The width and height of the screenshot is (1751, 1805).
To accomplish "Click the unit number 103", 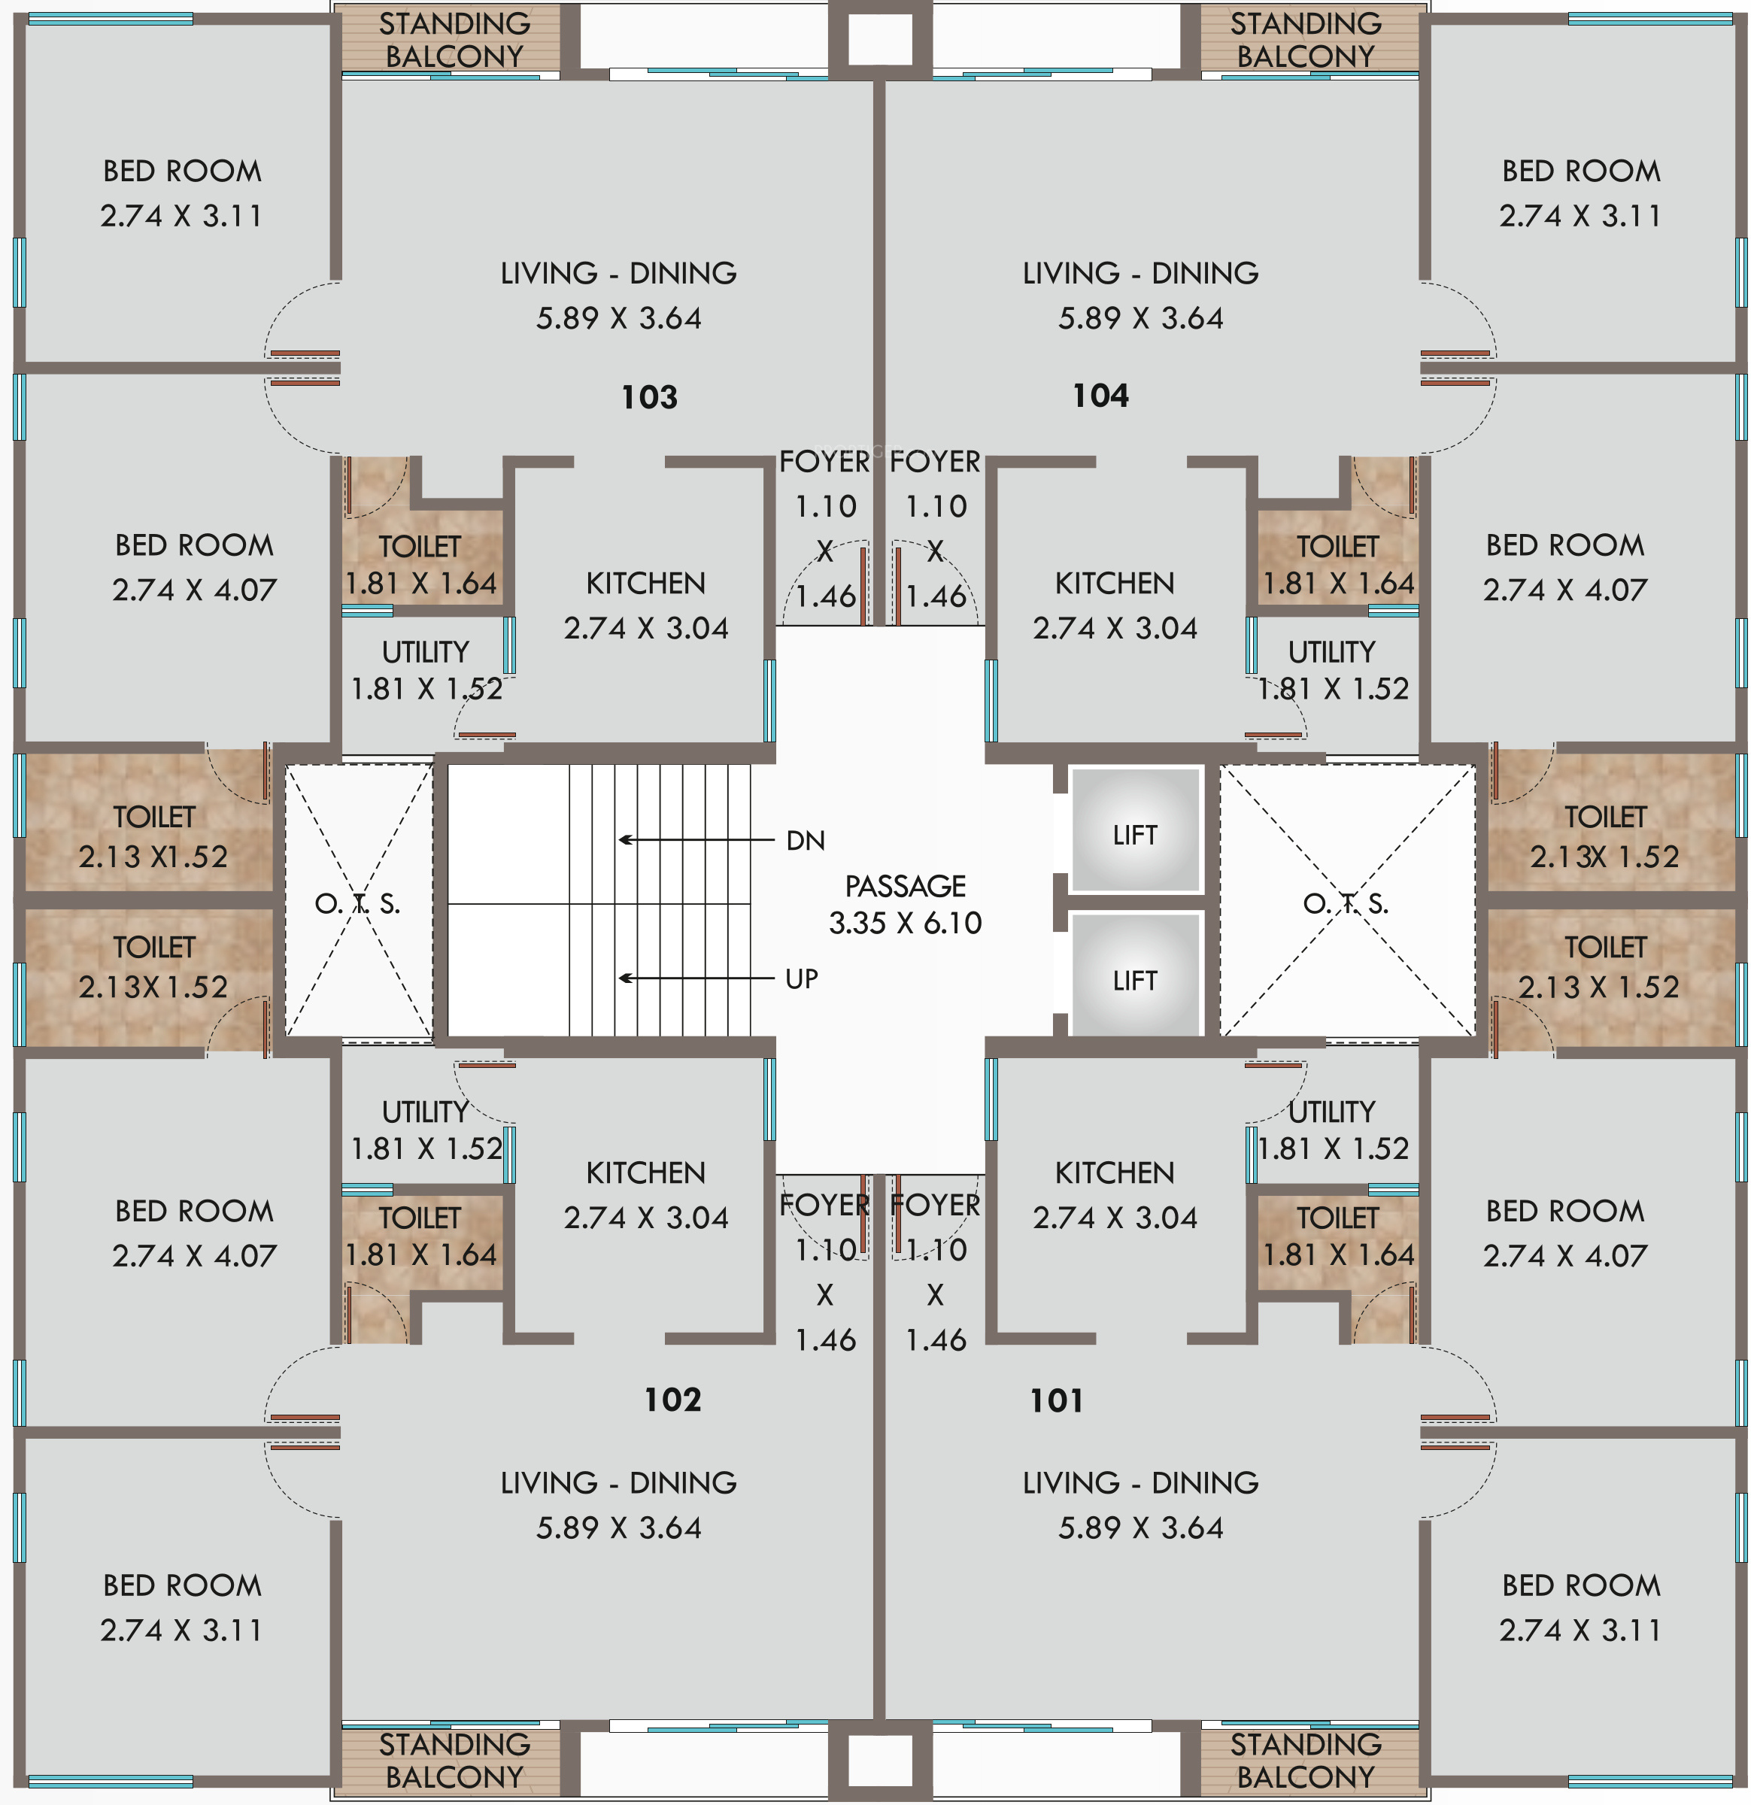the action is [649, 397].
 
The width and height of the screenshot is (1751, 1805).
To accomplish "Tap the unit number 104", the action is [1100, 396].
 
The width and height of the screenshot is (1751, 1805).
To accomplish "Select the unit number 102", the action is [672, 1400].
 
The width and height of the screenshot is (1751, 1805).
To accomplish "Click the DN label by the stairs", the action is [805, 841].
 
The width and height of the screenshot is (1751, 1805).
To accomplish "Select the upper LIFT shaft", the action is [1135, 830].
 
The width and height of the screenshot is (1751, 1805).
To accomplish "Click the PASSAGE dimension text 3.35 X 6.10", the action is [906, 923].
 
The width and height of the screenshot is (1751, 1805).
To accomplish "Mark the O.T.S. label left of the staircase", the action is [357, 903].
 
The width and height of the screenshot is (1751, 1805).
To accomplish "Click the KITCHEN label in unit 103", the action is [645, 583].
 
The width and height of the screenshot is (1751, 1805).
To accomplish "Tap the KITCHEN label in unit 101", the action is [1115, 1172].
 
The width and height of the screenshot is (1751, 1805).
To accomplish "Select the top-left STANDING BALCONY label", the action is [454, 40].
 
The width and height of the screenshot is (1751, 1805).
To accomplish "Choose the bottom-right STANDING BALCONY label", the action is [1306, 1760].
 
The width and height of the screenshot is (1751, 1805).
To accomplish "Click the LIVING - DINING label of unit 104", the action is [1140, 274].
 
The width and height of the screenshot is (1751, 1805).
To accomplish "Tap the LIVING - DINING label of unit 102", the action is [618, 1482].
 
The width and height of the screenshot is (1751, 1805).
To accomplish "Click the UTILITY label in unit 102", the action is [426, 1112].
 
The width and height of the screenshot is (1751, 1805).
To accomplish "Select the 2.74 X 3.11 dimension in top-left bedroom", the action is [181, 216].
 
